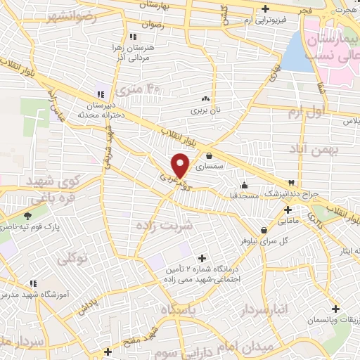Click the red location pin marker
click(x=181, y=165)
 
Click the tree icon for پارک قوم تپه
click(x=27, y=216)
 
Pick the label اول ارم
click(x=325, y=111)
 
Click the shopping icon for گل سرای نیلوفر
click(x=264, y=230)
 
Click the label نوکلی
click(x=72, y=259)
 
